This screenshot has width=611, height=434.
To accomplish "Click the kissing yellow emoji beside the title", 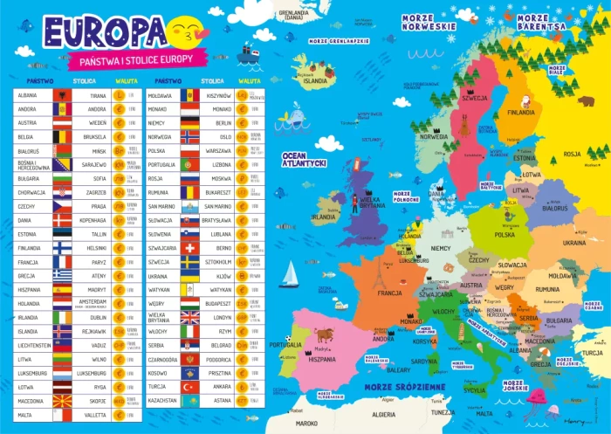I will tap(186, 33).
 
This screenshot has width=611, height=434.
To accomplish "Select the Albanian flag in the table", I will tap(60, 95).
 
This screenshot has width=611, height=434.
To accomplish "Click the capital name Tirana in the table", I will tap(98, 95).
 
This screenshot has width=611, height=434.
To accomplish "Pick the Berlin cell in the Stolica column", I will tap(222, 123).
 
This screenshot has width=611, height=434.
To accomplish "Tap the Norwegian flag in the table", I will tap(189, 137).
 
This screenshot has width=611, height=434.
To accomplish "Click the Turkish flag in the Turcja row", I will tap(189, 387).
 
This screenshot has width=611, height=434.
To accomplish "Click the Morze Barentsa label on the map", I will tap(539, 23).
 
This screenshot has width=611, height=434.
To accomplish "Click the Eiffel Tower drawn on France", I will tap(378, 277).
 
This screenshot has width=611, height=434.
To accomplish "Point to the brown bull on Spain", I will tap(325, 334).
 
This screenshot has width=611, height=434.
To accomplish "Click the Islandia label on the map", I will tap(315, 80).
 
